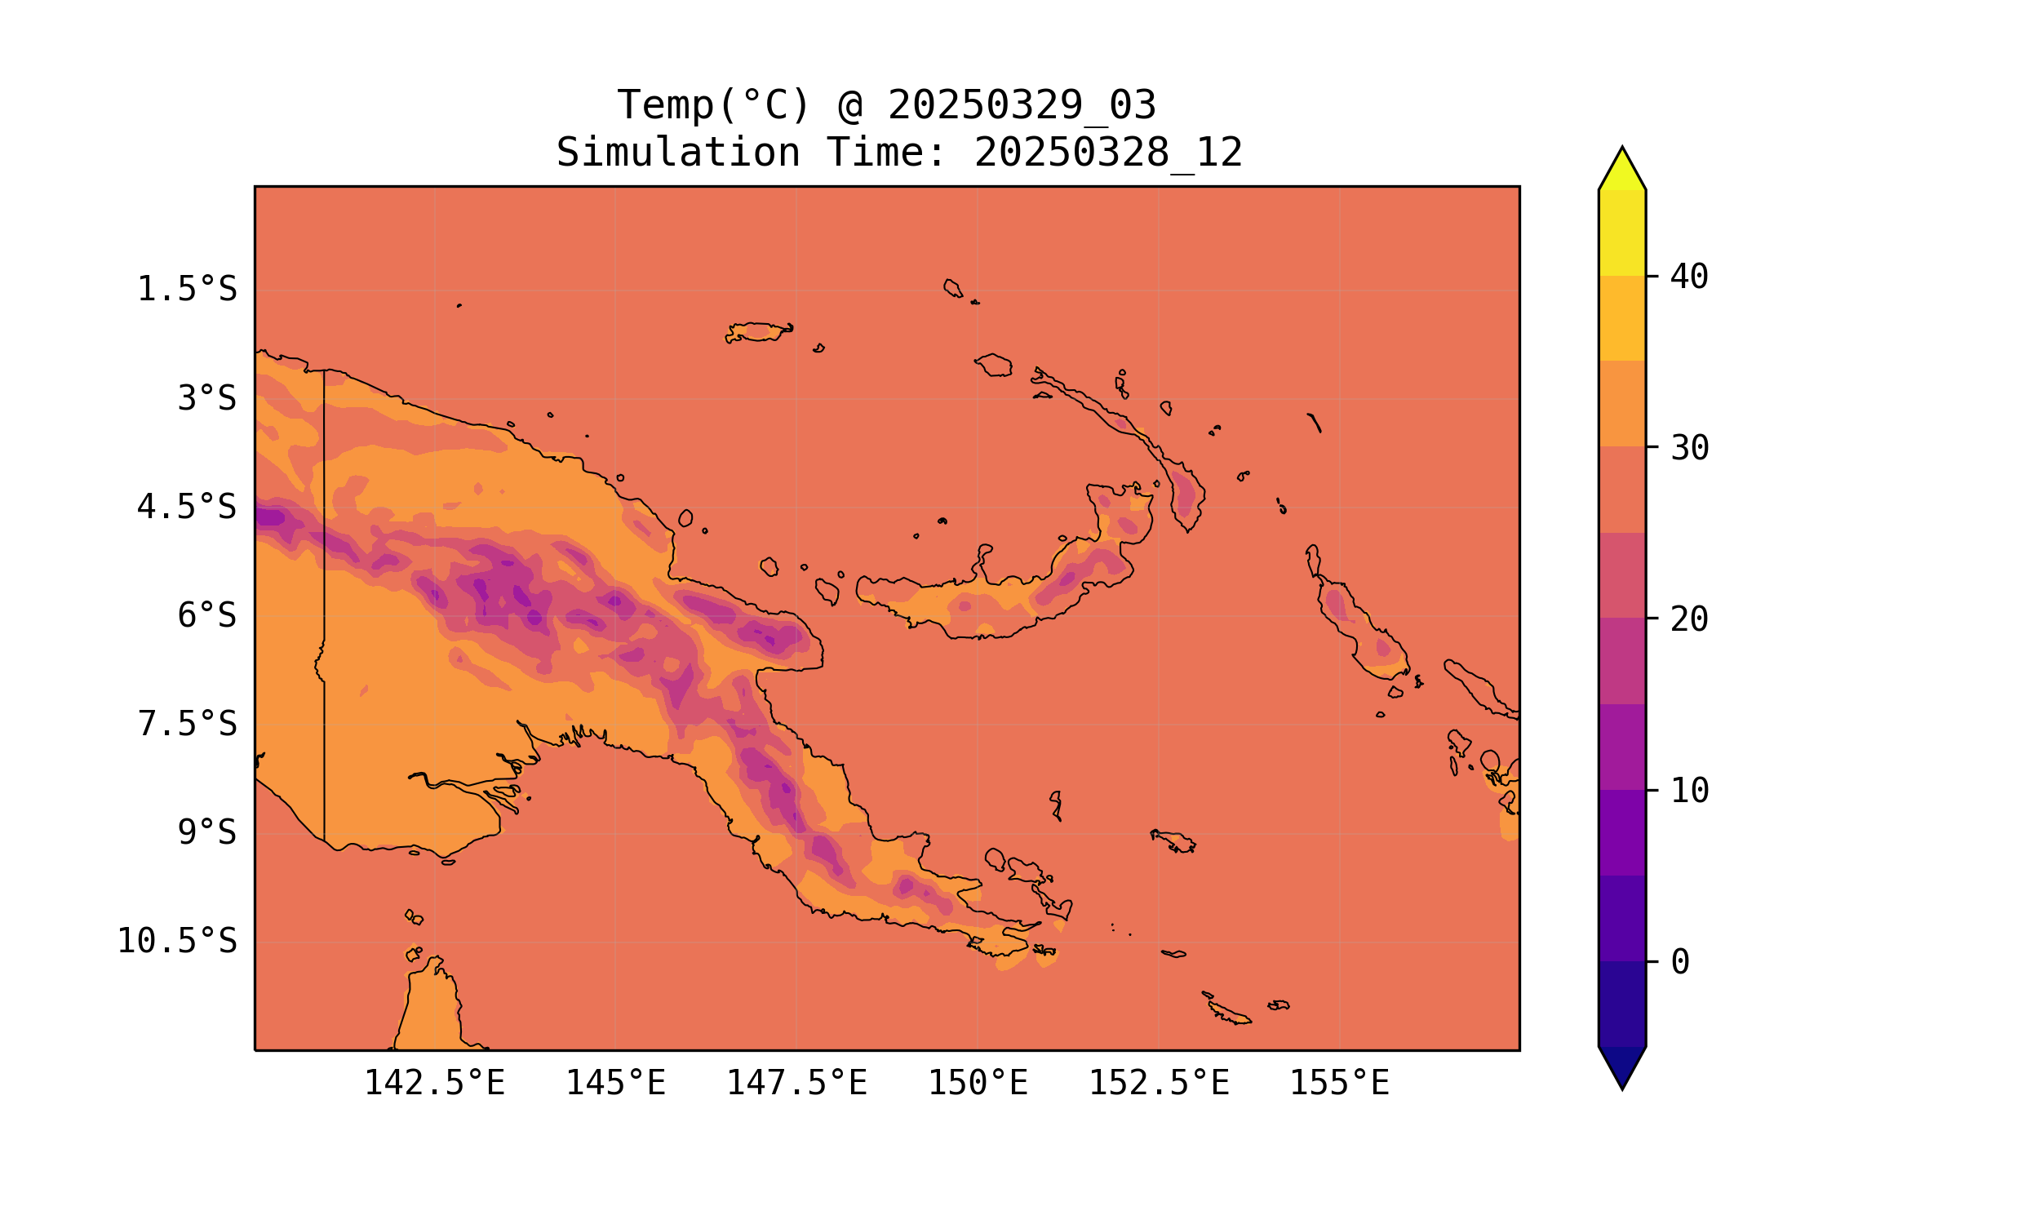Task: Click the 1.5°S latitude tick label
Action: pos(186,290)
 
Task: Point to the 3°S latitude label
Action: pos(207,398)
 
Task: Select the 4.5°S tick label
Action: pos(186,508)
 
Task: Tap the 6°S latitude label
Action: pos(207,615)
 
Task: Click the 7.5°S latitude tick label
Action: pos(186,724)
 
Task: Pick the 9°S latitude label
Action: pos(207,833)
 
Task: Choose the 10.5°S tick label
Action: pos(176,941)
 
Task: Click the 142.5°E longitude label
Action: pos(435,1083)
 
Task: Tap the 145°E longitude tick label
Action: pos(615,1083)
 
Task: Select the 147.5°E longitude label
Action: pos(796,1083)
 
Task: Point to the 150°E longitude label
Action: pos(978,1083)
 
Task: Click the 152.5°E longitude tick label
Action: pos(1159,1083)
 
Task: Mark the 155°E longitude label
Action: pos(1339,1083)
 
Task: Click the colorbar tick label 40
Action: pos(1690,277)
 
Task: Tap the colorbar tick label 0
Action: pos(1680,963)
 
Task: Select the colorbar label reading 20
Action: pos(1690,619)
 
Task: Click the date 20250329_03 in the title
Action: pos(1022,105)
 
